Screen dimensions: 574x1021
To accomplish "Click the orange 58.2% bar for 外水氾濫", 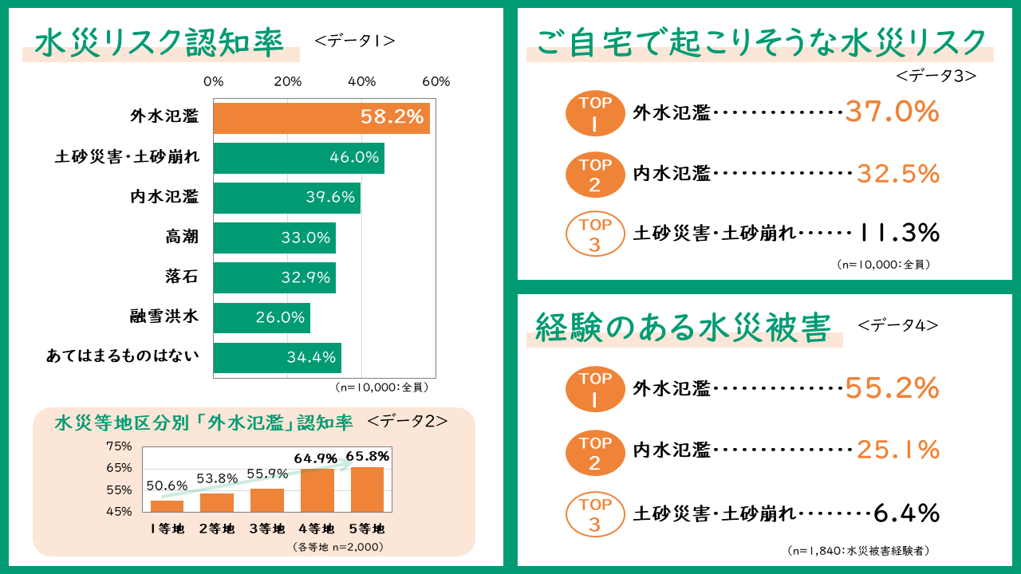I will point(321,118).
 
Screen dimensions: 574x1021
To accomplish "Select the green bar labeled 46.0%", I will point(298,158).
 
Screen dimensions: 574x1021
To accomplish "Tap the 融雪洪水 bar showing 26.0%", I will point(262,317).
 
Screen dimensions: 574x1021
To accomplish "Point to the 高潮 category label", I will point(182,237).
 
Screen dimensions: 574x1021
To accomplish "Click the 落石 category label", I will point(182,277).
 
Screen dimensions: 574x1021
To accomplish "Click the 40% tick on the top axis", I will point(361,81).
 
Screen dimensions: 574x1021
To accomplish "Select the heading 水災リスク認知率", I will point(160,43).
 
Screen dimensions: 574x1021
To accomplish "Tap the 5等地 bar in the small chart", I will point(368,489).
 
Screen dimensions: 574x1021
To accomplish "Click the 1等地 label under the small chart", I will point(167,528).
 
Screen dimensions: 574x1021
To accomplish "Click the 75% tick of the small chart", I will point(119,446).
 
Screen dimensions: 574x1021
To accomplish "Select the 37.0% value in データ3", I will point(892,112).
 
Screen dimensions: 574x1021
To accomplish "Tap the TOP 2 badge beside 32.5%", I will point(595,175).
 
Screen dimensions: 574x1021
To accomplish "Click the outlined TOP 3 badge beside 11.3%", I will point(595,234).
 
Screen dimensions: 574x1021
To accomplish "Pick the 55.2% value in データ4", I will point(892,388).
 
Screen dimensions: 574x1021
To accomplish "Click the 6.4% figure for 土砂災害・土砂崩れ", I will point(906,513).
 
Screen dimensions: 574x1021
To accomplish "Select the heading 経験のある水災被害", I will point(684,328).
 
